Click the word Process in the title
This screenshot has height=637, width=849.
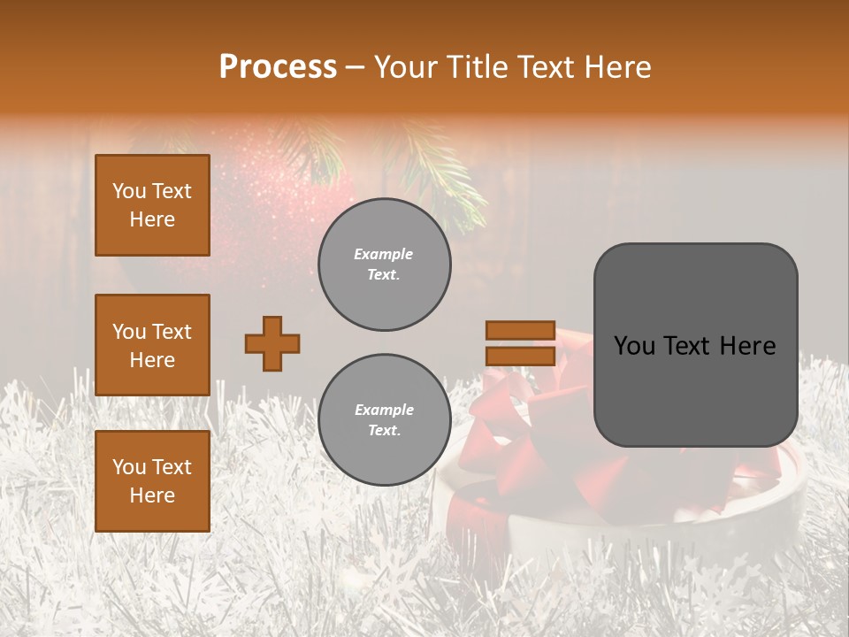tap(278, 67)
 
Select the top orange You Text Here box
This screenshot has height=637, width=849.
tap(152, 205)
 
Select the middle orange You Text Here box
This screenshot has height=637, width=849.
tap(152, 345)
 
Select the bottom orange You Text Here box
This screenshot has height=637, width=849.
tap(152, 481)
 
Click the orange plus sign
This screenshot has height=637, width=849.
tap(272, 343)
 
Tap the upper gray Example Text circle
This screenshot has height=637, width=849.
tap(385, 265)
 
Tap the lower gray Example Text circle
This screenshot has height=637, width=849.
tap(385, 420)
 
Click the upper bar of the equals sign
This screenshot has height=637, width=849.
tap(520, 331)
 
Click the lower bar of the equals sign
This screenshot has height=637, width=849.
tap(520, 357)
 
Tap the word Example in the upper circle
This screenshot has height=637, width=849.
tap(384, 255)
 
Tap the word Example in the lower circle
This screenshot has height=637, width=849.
tap(384, 411)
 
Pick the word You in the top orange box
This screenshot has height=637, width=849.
tap(128, 191)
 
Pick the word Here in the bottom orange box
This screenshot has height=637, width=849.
tap(152, 495)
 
